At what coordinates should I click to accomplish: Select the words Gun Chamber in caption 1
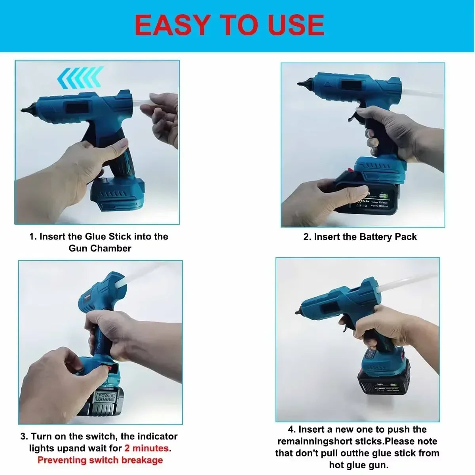100,249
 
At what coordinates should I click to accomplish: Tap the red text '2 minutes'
146,448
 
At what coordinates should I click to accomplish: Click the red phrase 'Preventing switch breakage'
100,460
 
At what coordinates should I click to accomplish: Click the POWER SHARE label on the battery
106,397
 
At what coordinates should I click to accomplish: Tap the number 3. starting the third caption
24,437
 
